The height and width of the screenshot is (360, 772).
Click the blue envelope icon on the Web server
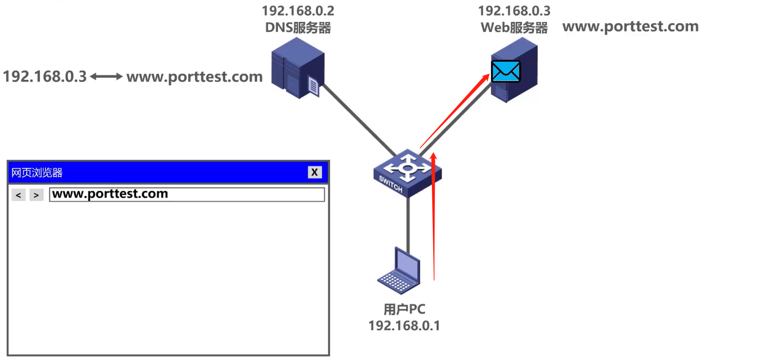point(506,71)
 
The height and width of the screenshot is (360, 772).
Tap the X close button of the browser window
point(314,172)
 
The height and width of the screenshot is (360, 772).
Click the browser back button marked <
point(18,195)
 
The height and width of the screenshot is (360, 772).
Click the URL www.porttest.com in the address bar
point(110,194)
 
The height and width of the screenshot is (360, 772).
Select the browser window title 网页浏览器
point(37,172)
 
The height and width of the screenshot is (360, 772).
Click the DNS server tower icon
point(297,67)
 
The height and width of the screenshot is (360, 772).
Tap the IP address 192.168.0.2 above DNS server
point(298,11)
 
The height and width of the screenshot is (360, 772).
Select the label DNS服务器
point(298,28)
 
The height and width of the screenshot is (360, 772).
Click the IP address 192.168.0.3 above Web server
point(514,11)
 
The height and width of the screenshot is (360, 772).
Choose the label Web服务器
point(514,28)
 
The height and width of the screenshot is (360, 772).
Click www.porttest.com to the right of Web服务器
point(630,27)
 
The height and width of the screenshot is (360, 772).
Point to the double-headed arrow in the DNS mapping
point(106,77)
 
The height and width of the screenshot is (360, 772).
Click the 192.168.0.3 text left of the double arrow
point(45,77)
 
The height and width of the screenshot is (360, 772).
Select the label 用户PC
point(404,309)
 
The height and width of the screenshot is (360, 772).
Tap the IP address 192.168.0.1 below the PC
point(404,326)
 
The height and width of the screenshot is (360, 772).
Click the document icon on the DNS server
point(314,87)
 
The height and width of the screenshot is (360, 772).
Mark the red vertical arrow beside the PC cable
point(434,215)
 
